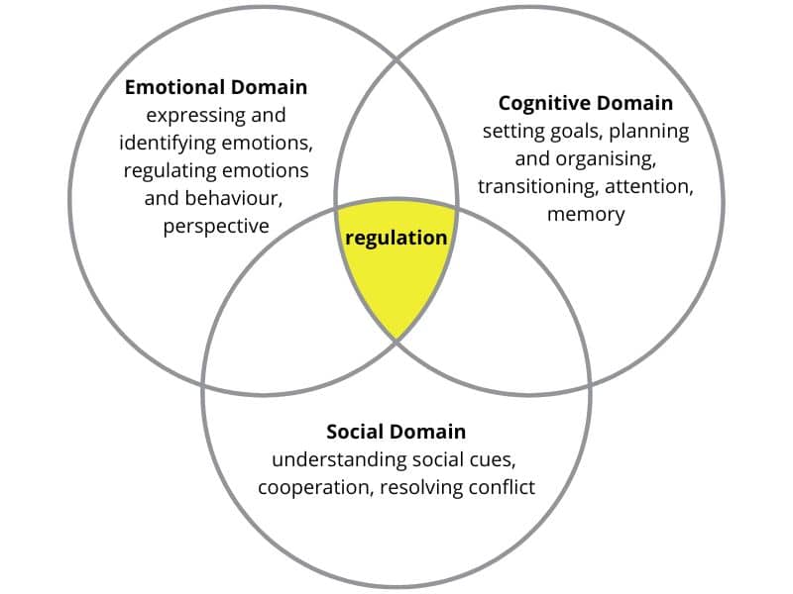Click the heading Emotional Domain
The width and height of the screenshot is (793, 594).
(216, 87)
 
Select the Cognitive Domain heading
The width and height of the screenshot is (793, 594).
(586, 104)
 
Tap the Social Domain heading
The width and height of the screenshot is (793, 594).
(396, 432)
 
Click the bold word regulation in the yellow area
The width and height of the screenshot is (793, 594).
(396, 239)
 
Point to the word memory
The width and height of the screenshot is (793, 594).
(586, 215)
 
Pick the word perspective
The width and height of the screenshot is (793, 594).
(216, 227)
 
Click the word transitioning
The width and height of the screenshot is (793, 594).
(538, 187)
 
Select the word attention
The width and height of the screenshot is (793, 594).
(649, 187)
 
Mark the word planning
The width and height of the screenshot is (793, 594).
(649, 132)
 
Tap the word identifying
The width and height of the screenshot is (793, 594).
(168, 144)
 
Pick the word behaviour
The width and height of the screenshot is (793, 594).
(234, 198)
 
